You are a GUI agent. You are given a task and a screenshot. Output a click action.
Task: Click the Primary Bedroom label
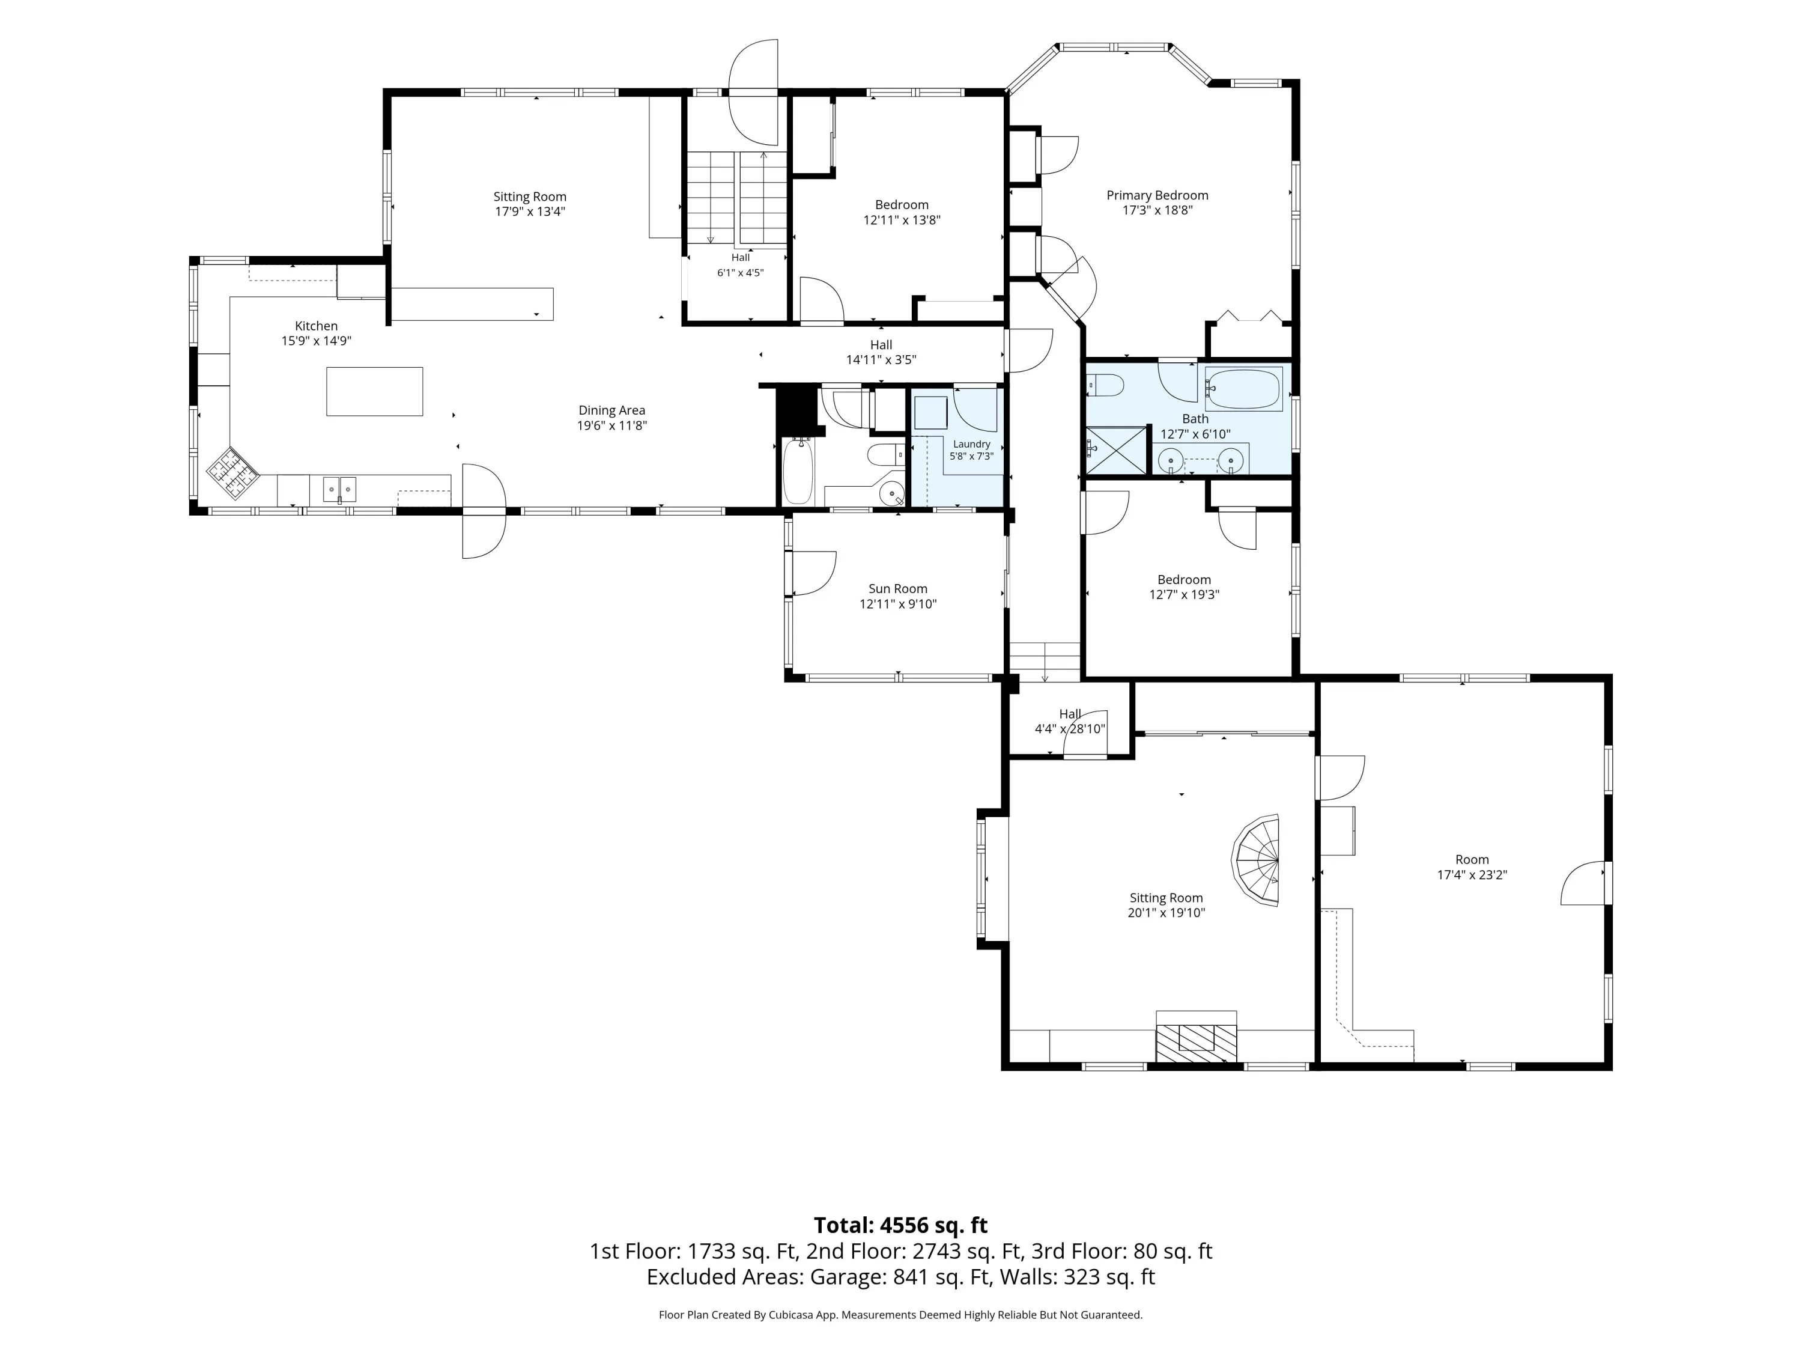tap(1157, 195)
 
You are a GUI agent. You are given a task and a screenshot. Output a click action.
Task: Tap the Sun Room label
tap(898, 588)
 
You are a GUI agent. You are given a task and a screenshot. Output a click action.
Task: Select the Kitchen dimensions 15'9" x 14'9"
tap(316, 341)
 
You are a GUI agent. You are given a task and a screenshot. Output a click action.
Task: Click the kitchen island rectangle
tap(375, 391)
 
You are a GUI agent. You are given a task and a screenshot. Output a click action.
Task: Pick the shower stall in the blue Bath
tap(1114, 450)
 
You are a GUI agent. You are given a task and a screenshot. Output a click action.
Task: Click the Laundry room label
tap(971, 450)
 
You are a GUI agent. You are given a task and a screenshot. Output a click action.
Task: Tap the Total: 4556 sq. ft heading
tap(901, 1225)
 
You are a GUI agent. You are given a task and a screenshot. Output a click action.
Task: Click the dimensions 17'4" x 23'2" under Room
tap(1472, 874)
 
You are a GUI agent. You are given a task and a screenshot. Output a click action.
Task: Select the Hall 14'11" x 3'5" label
tap(881, 352)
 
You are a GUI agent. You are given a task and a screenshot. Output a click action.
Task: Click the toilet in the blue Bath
tap(1105, 384)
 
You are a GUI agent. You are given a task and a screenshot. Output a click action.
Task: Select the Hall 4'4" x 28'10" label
tap(1070, 721)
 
